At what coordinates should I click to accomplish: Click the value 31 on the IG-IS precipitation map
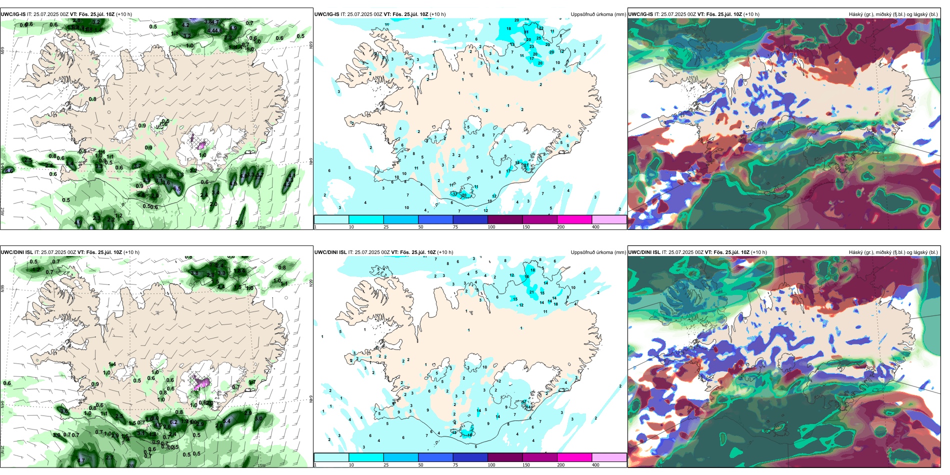(x=526, y=32)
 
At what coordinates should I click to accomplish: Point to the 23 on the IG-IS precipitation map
(x=531, y=46)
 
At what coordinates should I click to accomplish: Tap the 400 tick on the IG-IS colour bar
(x=595, y=227)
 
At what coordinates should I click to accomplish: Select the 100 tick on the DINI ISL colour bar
(x=491, y=465)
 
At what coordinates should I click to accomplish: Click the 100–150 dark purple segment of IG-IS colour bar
(x=505, y=219)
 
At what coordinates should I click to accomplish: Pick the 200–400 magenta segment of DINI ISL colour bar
(x=574, y=457)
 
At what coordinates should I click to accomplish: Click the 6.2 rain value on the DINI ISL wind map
(x=173, y=422)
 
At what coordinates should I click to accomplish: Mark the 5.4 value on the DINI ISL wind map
(x=226, y=421)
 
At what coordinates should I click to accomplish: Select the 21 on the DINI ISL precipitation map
(x=531, y=292)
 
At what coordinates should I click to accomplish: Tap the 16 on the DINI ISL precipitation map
(x=526, y=276)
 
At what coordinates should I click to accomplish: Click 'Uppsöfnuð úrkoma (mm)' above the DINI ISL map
(x=598, y=252)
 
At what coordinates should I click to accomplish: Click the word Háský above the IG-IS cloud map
(x=857, y=14)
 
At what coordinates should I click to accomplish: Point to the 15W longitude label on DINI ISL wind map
(x=261, y=465)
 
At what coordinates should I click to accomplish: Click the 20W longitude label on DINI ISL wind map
(x=130, y=465)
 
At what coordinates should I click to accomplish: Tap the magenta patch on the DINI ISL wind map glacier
(x=202, y=383)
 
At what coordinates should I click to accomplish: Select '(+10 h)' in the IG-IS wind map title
(x=124, y=14)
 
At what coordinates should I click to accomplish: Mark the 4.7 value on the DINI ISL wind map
(x=81, y=460)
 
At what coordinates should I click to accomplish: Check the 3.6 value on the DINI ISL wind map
(x=64, y=411)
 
